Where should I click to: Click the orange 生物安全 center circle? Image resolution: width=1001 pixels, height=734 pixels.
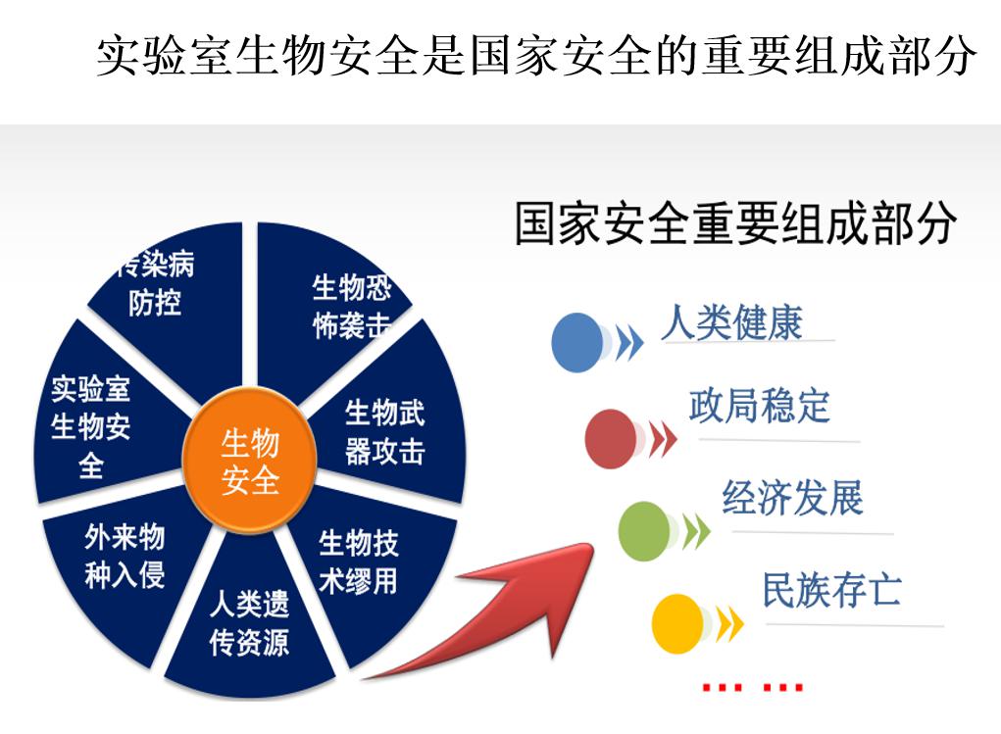tap(250, 462)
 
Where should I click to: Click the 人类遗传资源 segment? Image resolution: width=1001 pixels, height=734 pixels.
tap(249, 627)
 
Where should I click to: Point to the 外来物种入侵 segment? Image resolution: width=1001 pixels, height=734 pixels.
tap(122, 560)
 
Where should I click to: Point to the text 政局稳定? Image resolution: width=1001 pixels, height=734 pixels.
tap(760, 406)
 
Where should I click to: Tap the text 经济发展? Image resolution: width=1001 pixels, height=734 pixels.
tap(792, 499)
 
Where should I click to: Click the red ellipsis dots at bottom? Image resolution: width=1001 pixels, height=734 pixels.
tap(753, 688)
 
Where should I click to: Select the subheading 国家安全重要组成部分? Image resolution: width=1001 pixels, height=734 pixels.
tap(735, 224)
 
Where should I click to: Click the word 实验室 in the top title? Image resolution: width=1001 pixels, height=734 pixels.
tap(163, 57)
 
